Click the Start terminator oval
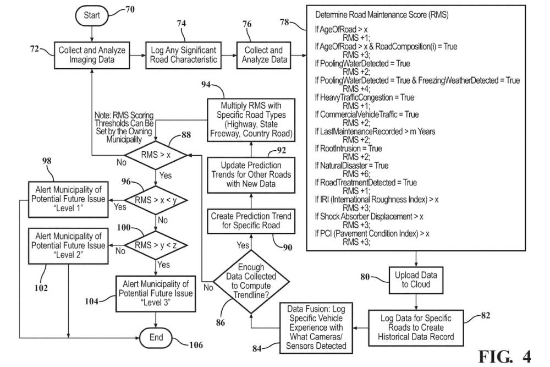pos(92,15)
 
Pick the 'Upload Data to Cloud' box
pos(416,280)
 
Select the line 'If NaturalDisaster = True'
pos(351,166)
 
